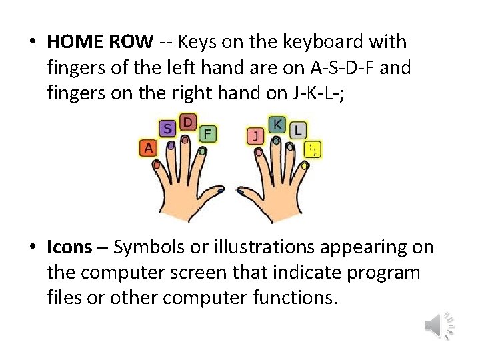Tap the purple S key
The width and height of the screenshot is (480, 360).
point(167,129)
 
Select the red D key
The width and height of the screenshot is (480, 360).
point(189,122)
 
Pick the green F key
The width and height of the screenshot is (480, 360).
point(208,134)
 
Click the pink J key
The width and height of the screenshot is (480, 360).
point(255,136)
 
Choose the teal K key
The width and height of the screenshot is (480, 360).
point(277,124)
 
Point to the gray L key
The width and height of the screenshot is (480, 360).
point(297,130)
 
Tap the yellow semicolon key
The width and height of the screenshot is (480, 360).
point(311,149)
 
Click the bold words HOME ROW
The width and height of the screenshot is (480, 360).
point(100,41)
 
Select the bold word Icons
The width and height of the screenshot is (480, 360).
point(69,247)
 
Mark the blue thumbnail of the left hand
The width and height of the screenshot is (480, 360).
point(221,191)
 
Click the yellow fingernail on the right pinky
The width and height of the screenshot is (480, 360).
point(308,163)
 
